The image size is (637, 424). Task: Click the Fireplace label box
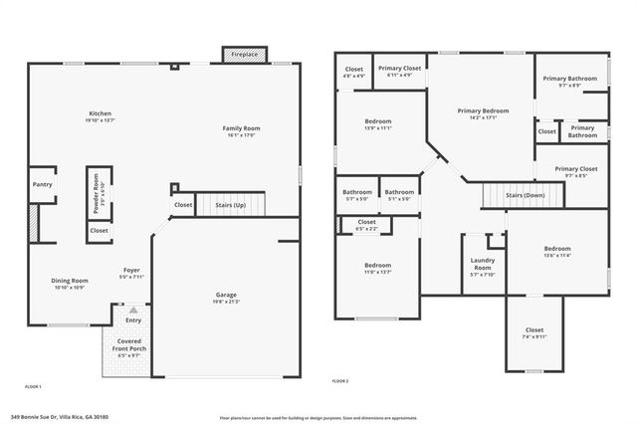coord(240,54)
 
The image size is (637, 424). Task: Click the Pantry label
coord(42,184)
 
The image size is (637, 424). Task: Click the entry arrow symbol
coord(133,312)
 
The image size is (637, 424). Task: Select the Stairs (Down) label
coord(525,196)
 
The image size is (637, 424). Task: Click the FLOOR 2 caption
coord(341,381)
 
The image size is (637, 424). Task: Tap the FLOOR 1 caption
coord(34,385)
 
